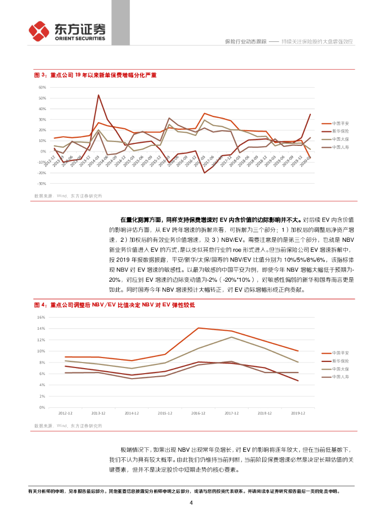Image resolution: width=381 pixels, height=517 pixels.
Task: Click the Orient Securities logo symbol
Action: tap(39, 31)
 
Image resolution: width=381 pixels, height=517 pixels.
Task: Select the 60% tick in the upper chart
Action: tap(42, 87)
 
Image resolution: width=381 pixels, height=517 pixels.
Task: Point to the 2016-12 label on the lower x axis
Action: tap(198, 413)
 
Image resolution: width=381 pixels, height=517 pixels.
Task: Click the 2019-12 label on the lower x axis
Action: tap(298, 413)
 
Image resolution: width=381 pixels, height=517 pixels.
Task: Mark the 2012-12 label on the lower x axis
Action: tap(65, 413)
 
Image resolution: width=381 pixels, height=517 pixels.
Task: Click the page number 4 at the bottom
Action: tap(191, 503)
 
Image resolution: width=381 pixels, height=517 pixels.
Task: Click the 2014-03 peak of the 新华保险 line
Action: tap(99, 95)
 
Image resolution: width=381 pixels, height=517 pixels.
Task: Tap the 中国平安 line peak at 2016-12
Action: tap(198, 328)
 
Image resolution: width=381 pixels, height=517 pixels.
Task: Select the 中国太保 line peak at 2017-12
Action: tap(231, 337)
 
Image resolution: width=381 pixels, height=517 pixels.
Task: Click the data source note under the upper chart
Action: tap(68, 195)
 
